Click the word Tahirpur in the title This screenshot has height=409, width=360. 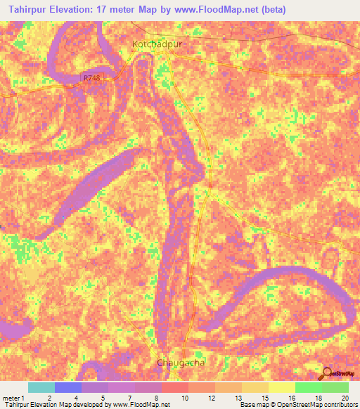point(31,10)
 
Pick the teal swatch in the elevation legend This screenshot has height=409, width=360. point(41,387)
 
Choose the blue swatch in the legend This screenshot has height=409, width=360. point(67,387)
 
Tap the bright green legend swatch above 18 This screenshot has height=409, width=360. point(308,387)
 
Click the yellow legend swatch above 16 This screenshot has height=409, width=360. point(281,387)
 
